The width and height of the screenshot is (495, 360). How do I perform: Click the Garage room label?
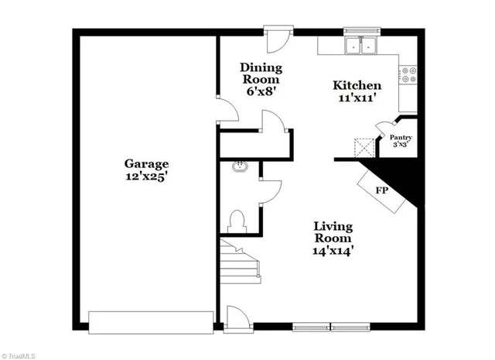[146, 163]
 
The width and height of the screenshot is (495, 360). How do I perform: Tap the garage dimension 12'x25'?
[146, 177]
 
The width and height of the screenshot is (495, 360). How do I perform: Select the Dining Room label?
[261, 74]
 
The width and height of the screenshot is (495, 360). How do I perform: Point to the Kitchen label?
[357, 85]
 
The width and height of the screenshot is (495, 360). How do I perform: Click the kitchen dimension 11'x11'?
[357, 98]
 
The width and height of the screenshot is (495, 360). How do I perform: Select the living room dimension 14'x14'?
[333, 251]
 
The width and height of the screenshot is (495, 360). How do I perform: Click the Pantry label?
[400, 138]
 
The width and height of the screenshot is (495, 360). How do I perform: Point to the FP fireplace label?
[381, 190]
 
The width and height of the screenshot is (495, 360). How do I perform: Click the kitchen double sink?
[361, 45]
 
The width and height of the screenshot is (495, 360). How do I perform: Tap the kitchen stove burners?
[408, 74]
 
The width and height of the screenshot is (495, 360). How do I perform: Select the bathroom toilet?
[238, 221]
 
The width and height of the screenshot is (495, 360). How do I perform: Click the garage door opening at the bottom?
[150, 321]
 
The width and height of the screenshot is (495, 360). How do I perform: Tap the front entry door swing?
[237, 317]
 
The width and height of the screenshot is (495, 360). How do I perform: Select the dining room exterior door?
[276, 36]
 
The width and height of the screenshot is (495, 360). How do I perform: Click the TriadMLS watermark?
[18, 355]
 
